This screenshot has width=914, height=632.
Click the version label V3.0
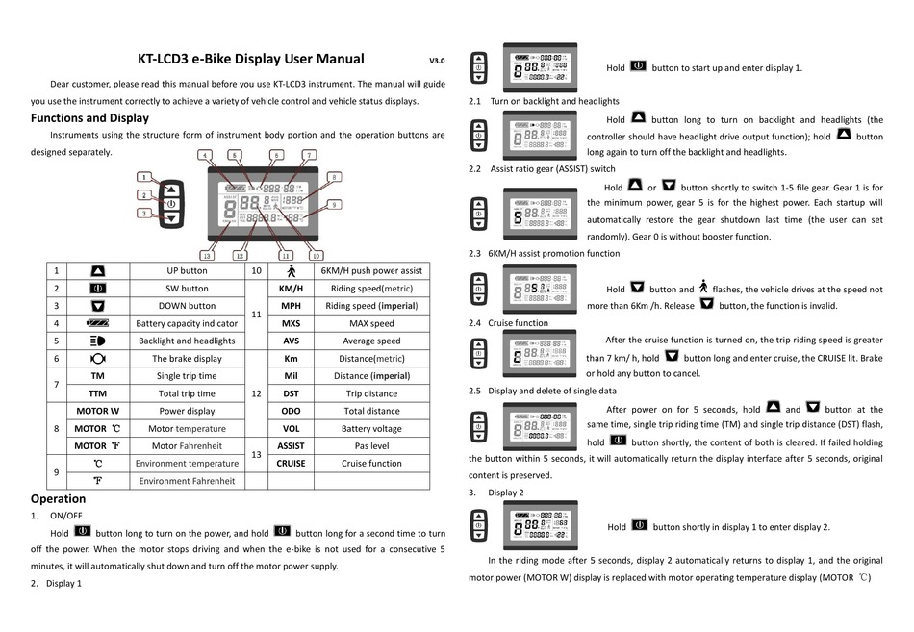[437, 61]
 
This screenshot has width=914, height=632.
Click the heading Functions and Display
[89, 118]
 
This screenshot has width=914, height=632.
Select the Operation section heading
[58, 498]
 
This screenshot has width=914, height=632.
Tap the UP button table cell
[187, 271]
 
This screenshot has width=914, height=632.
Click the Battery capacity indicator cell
[187, 323]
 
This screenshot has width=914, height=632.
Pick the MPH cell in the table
[291, 306]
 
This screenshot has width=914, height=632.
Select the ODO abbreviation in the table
[291, 410]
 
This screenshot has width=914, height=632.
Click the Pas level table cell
[371, 445]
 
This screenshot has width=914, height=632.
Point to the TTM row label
[97, 392]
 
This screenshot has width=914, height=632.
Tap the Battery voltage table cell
[371, 428]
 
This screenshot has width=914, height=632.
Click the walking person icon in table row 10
[291, 271]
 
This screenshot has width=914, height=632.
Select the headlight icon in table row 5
[97, 341]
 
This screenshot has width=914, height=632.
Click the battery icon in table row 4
[97, 323]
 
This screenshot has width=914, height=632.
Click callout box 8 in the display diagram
[334, 177]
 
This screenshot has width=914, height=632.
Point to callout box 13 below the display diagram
[207, 256]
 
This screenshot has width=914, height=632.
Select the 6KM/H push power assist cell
[371, 271]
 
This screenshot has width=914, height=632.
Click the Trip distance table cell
[371, 392]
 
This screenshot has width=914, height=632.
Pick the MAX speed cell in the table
[371, 323]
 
